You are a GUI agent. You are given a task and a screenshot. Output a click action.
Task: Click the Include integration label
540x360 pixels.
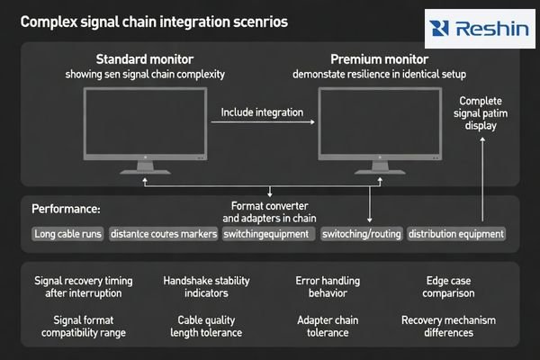[x=261, y=114]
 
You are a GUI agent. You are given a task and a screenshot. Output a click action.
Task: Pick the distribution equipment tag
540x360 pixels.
[x=455, y=234]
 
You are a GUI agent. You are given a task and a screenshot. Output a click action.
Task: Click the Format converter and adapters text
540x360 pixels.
[x=269, y=211]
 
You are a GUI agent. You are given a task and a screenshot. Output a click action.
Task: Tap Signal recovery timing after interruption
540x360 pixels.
[x=79, y=286]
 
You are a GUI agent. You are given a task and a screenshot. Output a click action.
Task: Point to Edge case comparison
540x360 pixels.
[x=436, y=286]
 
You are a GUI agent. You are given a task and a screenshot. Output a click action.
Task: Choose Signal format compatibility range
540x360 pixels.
[x=79, y=326]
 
